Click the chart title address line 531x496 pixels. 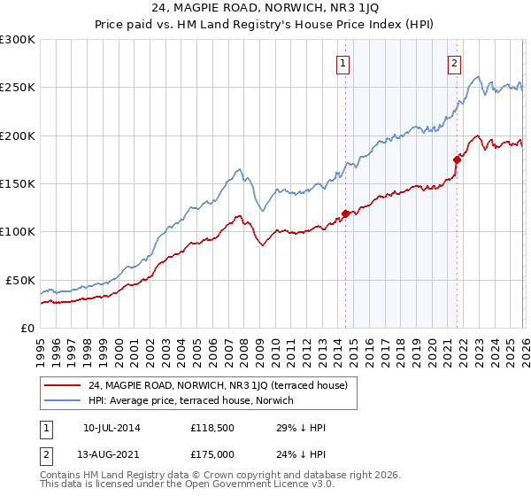pyautogui.click(x=265, y=10)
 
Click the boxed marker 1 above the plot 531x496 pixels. pyautogui.click(x=342, y=63)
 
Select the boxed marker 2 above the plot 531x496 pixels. pyautogui.click(x=454, y=63)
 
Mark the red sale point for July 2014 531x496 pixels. pyautogui.click(x=345, y=213)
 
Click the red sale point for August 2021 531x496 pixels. pyautogui.click(x=458, y=159)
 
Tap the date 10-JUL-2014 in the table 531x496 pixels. pyautogui.click(x=112, y=428)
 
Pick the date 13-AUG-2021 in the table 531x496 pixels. pyautogui.click(x=112, y=456)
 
